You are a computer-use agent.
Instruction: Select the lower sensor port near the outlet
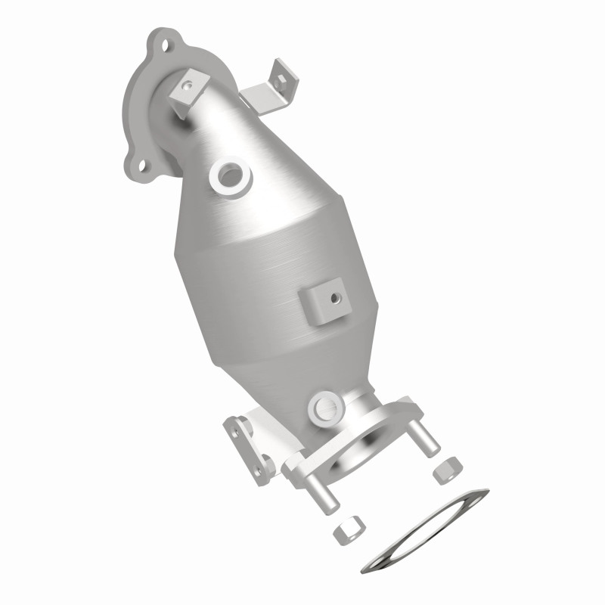[324, 406]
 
